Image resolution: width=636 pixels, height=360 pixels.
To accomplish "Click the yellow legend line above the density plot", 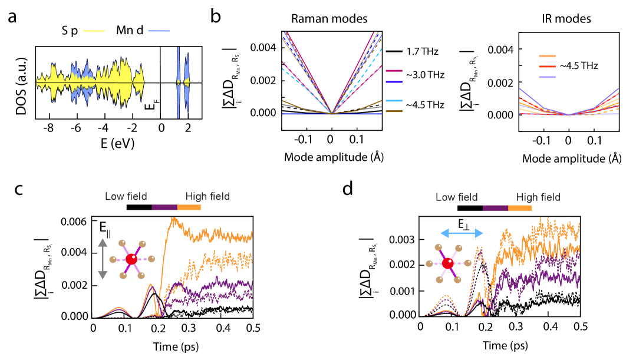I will (x=94, y=31).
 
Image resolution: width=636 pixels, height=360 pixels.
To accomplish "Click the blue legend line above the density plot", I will (x=159, y=31).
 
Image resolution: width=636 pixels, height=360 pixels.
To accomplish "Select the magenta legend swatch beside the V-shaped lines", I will (x=394, y=71).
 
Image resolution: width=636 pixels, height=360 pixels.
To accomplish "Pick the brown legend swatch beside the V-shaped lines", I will (x=394, y=111).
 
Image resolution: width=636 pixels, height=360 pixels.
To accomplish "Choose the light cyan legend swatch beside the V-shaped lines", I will (x=394, y=101).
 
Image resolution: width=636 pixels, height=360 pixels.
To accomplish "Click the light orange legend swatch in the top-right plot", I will (x=547, y=57).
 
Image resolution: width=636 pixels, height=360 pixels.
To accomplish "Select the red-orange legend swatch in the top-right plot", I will (x=547, y=67).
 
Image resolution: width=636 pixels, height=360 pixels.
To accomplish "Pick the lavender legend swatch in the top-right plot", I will (x=547, y=77).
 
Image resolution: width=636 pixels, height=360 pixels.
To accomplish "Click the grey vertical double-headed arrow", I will (x=103, y=259).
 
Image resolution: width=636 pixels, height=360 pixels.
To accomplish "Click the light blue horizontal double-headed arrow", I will (x=462, y=233).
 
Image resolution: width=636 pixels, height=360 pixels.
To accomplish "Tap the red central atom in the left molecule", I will (x=131, y=259).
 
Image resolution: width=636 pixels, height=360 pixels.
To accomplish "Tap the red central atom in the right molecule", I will (x=448, y=263).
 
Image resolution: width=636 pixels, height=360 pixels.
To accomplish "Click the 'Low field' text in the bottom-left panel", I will (x=126, y=197).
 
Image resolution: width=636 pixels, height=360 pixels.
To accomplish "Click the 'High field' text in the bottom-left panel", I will (x=207, y=197).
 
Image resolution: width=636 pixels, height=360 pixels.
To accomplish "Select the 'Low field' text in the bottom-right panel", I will (x=456, y=197).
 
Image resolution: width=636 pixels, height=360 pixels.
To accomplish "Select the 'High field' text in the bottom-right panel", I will (x=538, y=197).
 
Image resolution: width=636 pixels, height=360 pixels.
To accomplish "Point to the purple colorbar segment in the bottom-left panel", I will (x=164, y=207).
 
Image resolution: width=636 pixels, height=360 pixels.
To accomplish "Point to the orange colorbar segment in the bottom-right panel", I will (x=520, y=208).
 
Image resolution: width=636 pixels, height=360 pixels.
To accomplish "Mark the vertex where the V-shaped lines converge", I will (x=332, y=114).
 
